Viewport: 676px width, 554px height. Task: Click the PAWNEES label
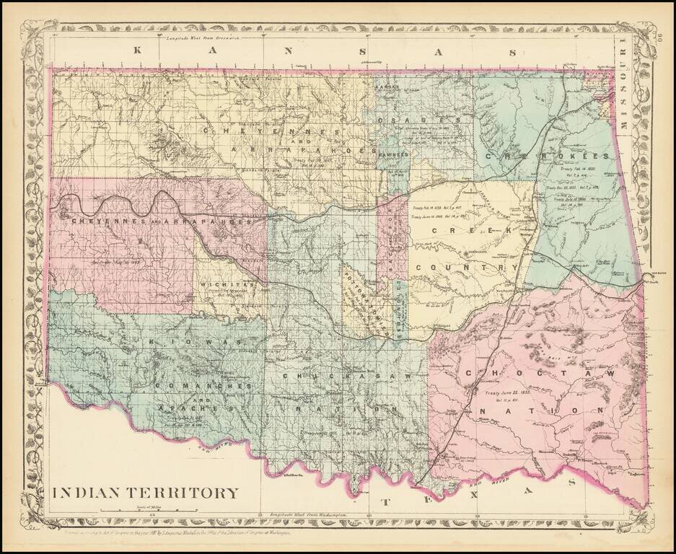[x=392, y=154]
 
